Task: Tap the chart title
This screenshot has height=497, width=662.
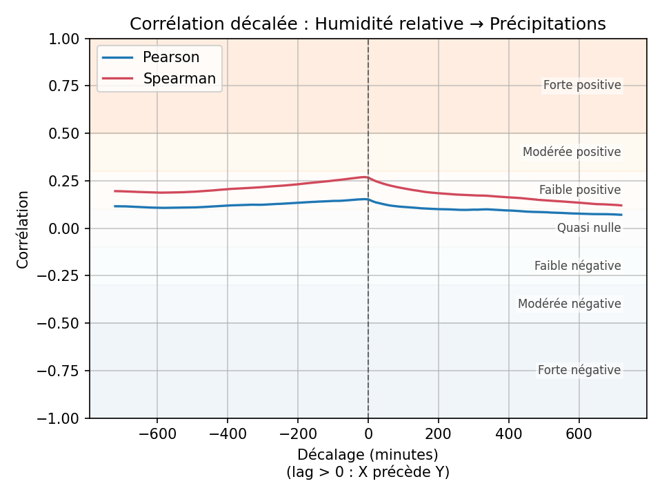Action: tap(368, 24)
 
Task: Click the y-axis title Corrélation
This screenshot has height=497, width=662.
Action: tap(23, 229)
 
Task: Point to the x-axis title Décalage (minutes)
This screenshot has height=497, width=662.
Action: tap(368, 455)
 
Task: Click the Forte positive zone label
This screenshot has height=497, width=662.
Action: tap(582, 86)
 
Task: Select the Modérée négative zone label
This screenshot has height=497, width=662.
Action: tap(570, 304)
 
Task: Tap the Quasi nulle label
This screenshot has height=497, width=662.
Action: tap(589, 228)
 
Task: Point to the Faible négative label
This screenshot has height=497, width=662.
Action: tap(578, 266)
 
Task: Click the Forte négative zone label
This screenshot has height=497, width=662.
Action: tap(579, 370)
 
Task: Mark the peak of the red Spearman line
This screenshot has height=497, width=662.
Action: tap(364, 177)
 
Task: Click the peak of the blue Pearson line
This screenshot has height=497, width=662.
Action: tap(366, 199)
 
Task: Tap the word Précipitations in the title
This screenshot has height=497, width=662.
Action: tap(548, 24)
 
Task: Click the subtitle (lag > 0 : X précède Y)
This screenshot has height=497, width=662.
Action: tap(368, 472)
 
